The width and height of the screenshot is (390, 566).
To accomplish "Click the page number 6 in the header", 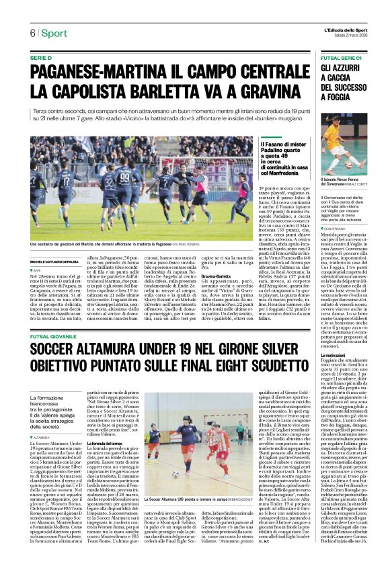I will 32,33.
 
